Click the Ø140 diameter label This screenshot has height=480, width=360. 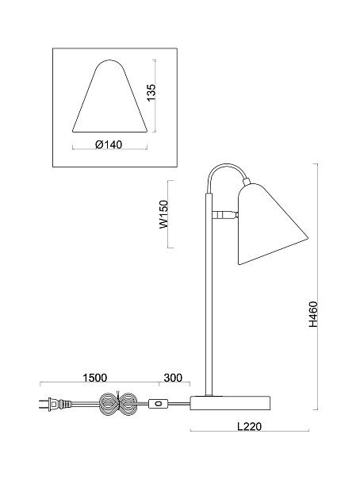(x=109, y=144)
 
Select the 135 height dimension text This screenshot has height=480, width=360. (x=151, y=92)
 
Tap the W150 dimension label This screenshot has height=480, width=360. (x=163, y=214)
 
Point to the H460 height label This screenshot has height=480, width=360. (x=313, y=314)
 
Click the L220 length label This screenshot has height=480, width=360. (x=250, y=426)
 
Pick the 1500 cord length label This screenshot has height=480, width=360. (x=95, y=378)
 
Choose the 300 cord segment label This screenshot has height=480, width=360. (x=173, y=378)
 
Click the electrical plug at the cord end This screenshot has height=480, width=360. (x=55, y=404)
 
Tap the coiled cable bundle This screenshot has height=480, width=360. (x=118, y=403)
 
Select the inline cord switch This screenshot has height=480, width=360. (x=158, y=404)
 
